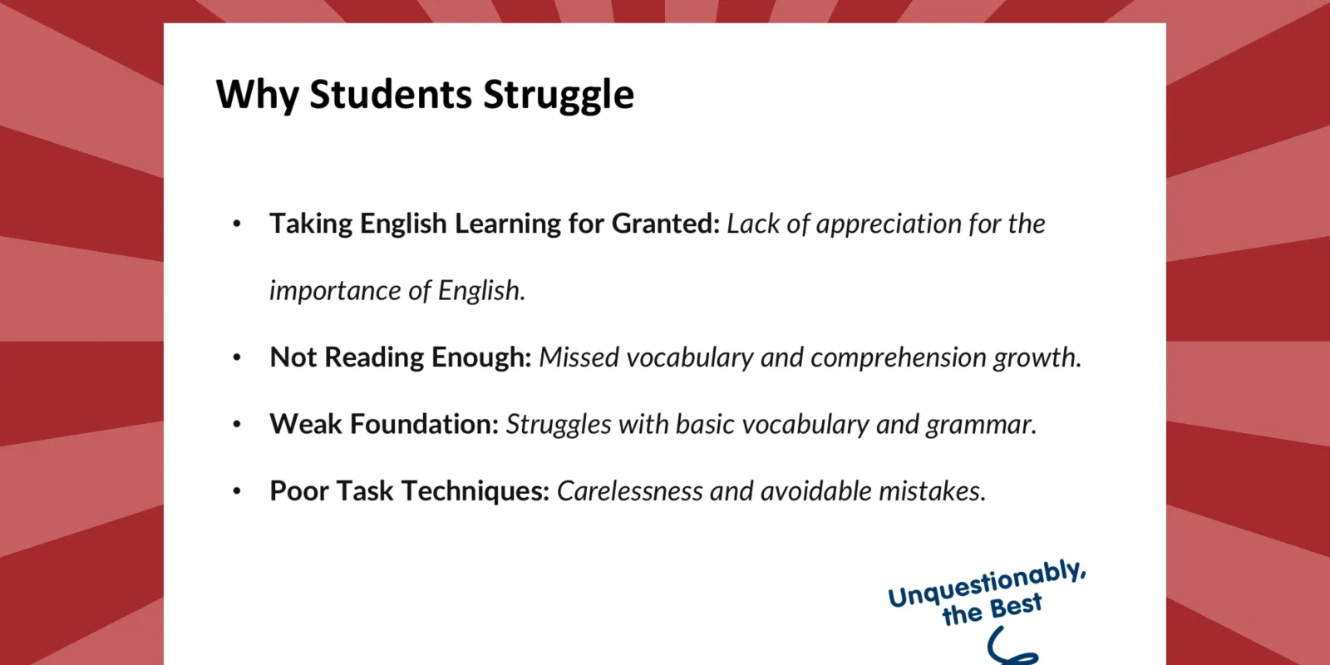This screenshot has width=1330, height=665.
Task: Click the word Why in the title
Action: point(257,95)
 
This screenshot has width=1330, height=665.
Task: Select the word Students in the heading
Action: point(391,94)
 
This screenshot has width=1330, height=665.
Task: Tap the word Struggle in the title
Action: point(559,95)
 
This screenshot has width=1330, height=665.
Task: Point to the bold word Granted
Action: point(666,224)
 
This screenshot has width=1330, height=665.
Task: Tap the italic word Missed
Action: point(579,357)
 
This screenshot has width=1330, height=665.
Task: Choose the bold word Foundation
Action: point(424,424)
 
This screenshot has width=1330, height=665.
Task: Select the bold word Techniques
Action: point(475,491)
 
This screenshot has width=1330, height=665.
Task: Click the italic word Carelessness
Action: point(629,491)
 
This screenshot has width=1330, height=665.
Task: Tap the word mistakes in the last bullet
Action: point(932,491)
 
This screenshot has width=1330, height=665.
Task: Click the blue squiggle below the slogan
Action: point(1009,648)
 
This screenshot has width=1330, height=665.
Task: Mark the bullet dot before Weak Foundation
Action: point(237,425)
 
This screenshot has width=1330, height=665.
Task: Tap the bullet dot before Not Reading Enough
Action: point(237,357)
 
